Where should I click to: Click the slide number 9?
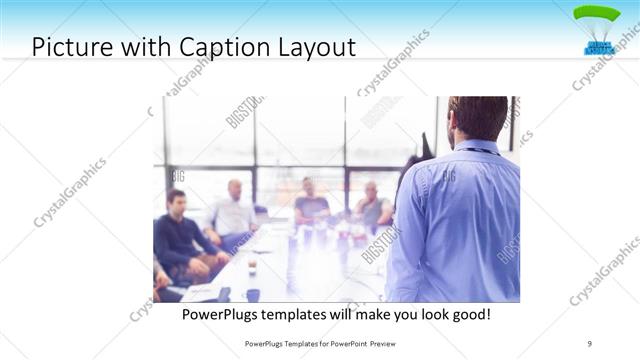tap(589, 343)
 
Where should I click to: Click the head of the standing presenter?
tap(478, 118)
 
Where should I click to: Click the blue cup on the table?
tap(253, 295)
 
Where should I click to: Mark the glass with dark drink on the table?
tap(252, 267)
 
